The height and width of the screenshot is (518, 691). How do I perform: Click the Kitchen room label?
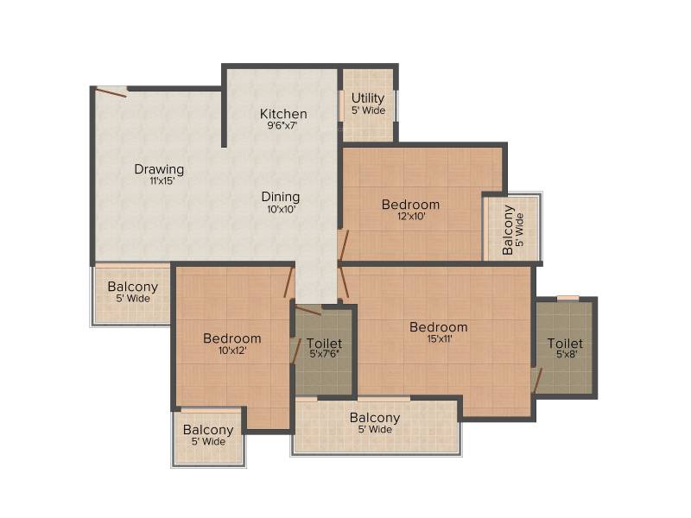(283, 114)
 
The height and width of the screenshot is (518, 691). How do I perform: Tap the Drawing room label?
(159, 169)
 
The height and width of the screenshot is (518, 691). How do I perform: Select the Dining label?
(281, 197)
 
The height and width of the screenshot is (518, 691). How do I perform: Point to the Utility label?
(368, 98)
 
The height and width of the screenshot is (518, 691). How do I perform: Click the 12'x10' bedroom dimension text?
(411, 217)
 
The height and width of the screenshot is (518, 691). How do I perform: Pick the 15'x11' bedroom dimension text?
(440, 338)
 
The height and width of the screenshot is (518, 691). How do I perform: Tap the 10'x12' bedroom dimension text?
(232, 351)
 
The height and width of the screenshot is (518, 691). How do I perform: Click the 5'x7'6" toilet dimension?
(325, 354)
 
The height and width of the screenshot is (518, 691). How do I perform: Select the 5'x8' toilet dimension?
(567, 354)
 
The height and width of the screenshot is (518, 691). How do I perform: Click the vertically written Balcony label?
(508, 230)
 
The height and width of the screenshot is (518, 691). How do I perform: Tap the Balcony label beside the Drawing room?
(133, 287)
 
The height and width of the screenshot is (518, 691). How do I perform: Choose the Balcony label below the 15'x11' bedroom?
(375, 418)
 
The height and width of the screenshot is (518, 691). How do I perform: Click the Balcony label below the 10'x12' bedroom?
(208, 429)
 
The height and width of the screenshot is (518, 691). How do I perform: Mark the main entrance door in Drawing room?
(112, 92)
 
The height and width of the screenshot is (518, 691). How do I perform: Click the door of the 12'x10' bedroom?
(343, 246)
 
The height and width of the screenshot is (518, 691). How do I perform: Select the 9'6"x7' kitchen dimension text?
(282, 125)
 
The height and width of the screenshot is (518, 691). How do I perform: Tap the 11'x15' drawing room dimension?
(162, 180)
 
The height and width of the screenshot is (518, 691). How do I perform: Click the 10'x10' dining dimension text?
(282, 209)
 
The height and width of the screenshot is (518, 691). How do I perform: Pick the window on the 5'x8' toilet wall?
(568, 298)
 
